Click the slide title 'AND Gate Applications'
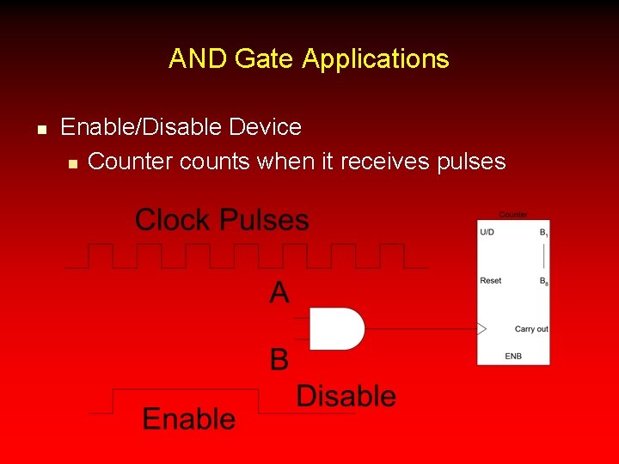[309, 58]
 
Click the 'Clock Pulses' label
[222, 220]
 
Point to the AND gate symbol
[336, 328]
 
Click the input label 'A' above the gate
[279, 294]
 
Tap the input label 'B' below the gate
[279, 359]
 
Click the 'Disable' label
[346, 396]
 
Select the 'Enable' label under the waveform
[188, 418]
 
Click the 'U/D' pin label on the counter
[487, 232]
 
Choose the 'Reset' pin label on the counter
[491, 281]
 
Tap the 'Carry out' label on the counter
[531, 329]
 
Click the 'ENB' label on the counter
[513, 356]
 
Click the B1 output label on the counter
[543, 232]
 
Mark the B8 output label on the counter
[543, 281]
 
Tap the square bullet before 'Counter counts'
[72, 162]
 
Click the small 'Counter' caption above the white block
[513, 215]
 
